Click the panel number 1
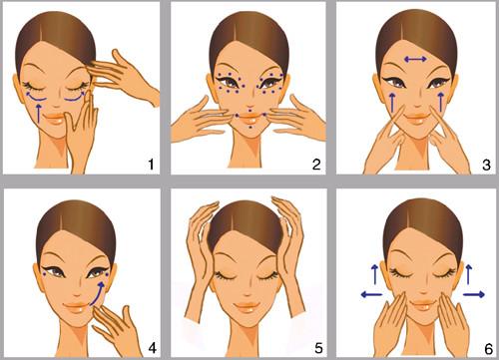(x=152, y=165)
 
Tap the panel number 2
(x=316, y=165)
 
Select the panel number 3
(x=486, y=165)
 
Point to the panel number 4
(x=152, y=348)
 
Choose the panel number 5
(x=318, y=348)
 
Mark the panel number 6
(x=489, y=349)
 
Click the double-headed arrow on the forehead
(x=415, y=59)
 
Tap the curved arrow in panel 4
(x=98, y=294)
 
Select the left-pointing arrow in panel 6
(x=371, y=294)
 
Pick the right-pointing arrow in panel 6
(x=474, y=294)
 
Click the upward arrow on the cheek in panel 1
(x=39, y=114)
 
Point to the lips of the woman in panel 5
(x=247, y=306)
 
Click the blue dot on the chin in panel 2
(x=249, y=127)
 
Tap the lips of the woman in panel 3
(x=415, y=118)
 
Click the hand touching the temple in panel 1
(x=123, y=76)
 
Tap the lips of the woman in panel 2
(x=250, y=118)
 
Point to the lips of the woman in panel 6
(x=423, y=305)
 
